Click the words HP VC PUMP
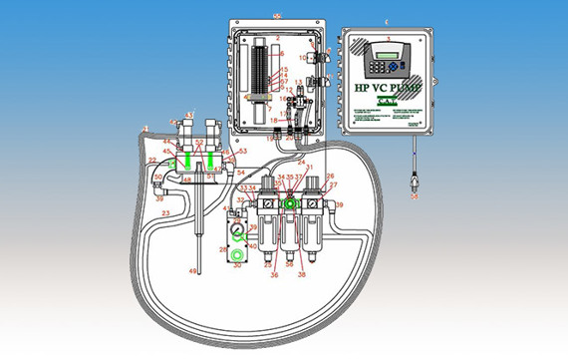(x=387, y=88)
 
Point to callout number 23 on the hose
(x=166, y=212)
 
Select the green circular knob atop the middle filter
(x=291, y=202)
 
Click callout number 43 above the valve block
(x=189, y=117)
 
